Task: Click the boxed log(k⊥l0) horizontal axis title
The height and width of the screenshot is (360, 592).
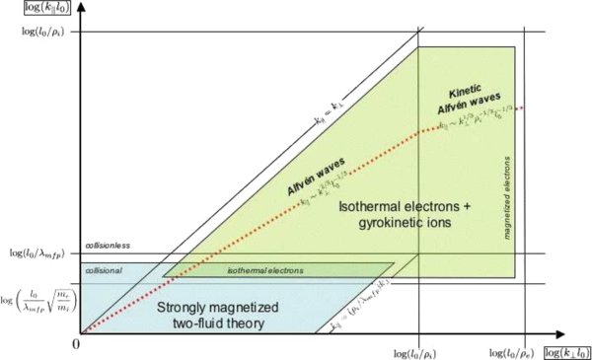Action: pos(562,352)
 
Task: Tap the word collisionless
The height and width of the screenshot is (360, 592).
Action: pos(107,246)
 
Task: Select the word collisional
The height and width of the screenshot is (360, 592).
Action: pos(103,269)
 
